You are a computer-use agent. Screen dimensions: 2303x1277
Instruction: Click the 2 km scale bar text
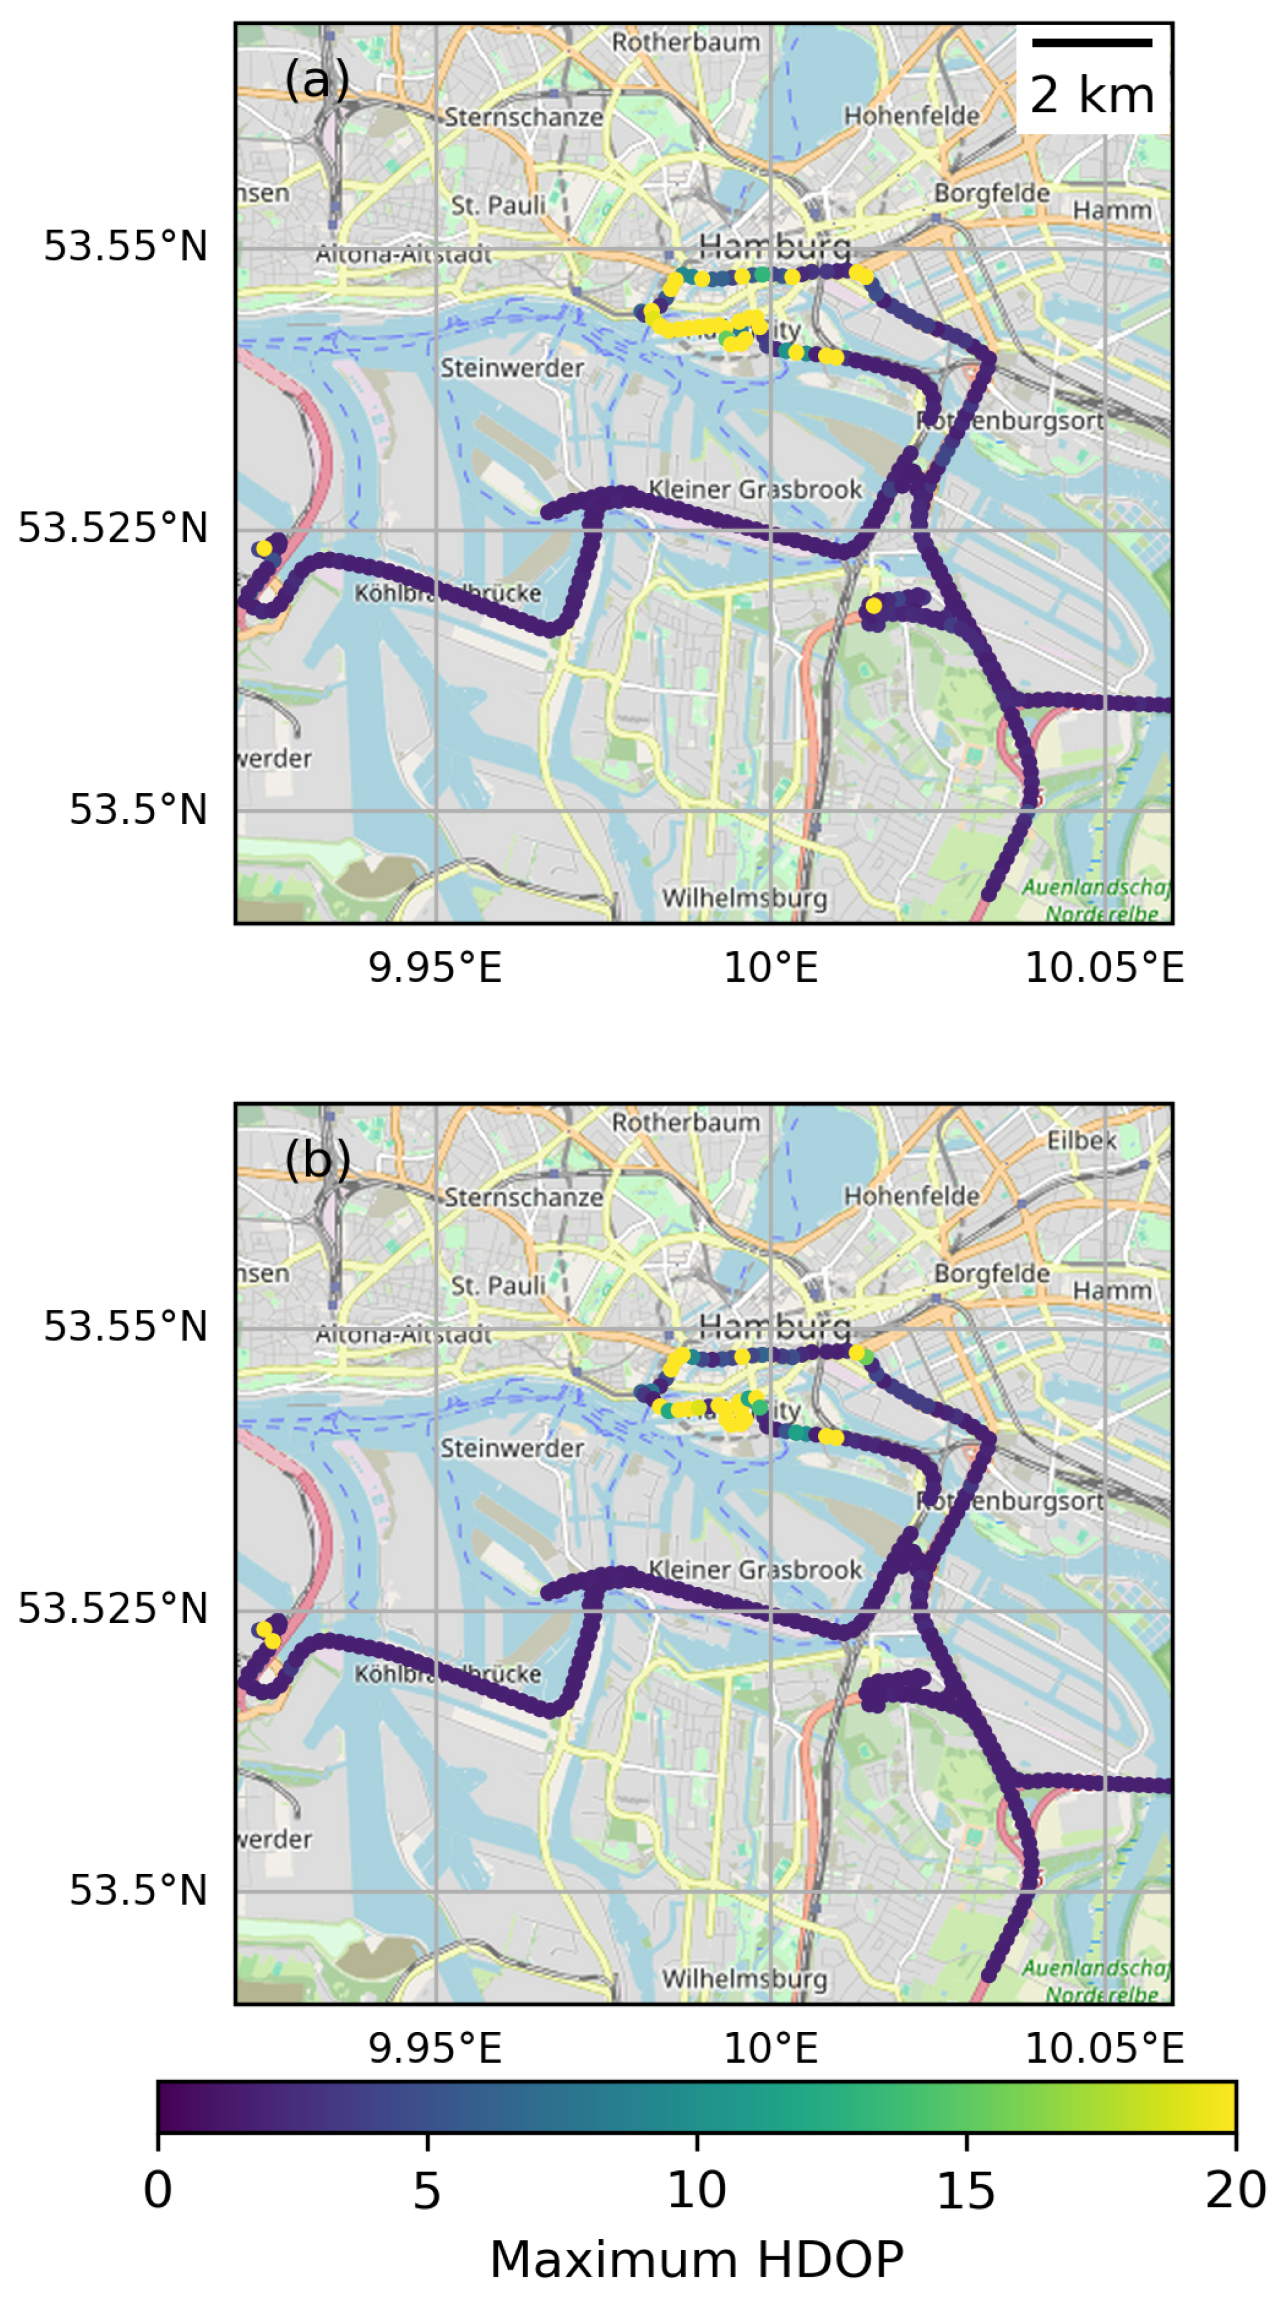point(1092,95)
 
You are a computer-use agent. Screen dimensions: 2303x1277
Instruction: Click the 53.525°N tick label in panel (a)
point(112,528)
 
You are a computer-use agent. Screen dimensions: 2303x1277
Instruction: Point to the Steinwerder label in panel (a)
point(512,367)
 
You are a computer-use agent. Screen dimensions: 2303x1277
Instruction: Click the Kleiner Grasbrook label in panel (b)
point(755,1570)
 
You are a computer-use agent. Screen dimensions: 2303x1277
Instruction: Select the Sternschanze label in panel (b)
point(523,1196)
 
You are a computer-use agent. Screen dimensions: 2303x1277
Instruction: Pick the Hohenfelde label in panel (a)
point(911,115)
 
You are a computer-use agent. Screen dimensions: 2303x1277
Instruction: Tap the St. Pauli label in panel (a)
point(498,206)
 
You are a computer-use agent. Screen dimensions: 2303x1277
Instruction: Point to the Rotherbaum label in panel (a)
point(686,42)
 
